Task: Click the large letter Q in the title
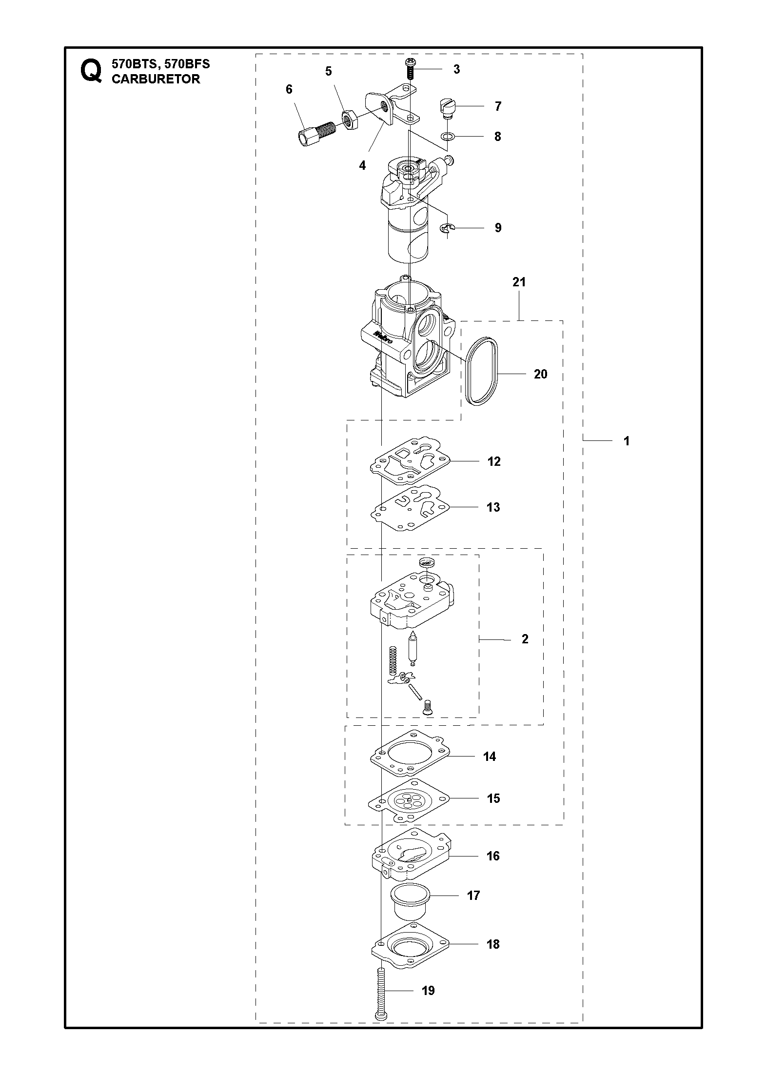point(92,71)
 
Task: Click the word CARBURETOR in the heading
point(156,80)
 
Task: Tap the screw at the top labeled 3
point(410,67)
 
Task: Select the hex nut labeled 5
point(349,120)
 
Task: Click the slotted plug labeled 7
point(447,107)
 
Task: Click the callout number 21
point(519,282)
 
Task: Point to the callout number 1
point(627,441)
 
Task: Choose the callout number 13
point(493,507)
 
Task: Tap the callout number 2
point(525,639)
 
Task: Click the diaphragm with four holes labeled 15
point(410,799)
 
